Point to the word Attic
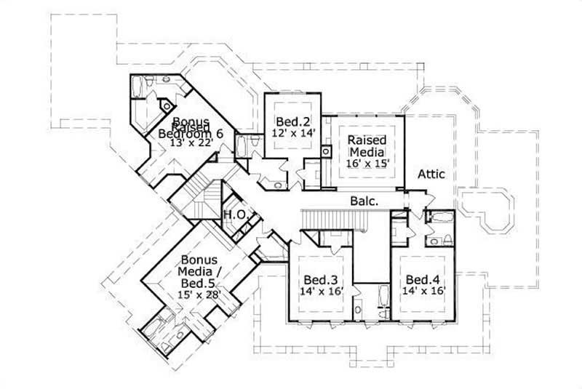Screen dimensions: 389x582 click(431, 175)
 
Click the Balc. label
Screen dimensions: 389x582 click(363, 200)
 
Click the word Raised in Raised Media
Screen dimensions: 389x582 click(367, 140)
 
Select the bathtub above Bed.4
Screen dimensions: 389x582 click(439, 217)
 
